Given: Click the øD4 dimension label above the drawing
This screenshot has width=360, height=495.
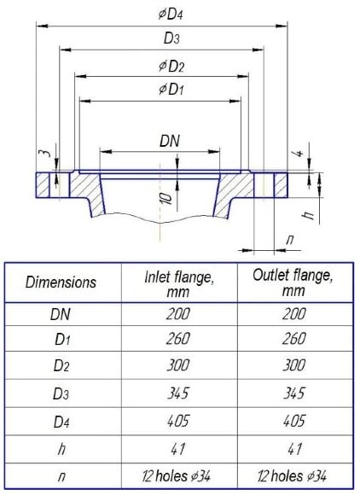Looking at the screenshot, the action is [171, 15].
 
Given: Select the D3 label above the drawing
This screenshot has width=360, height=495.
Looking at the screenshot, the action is [171, 38].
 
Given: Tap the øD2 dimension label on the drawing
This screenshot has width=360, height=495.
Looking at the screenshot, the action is [171, 67].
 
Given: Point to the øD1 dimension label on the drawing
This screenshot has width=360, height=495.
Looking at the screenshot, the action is [171, 90].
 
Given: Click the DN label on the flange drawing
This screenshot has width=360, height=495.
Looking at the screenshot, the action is [170, 141].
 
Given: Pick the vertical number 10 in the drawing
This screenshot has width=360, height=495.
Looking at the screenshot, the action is [166, 198].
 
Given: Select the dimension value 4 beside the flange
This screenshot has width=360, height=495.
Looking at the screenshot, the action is [299, 154].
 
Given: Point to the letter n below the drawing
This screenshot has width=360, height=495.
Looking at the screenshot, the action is [290, 240].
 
